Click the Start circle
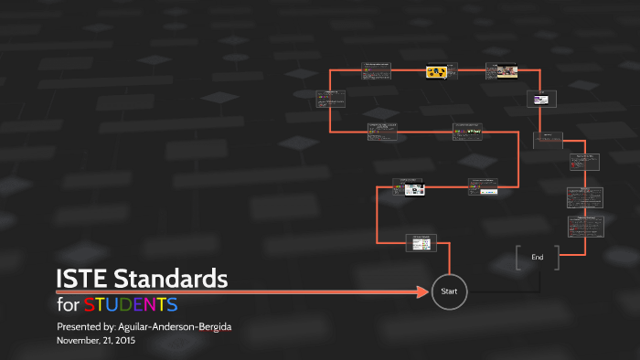[449, 291]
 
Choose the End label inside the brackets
[538, 258]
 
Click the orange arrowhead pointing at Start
[421, 292]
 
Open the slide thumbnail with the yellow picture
[437, 71]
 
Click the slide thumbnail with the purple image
[539, 99]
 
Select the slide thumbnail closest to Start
[421, 242]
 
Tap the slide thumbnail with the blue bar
[483, 186]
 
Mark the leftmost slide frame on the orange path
[330, 99]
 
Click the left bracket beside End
[518, 258]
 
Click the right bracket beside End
[557, 258]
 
